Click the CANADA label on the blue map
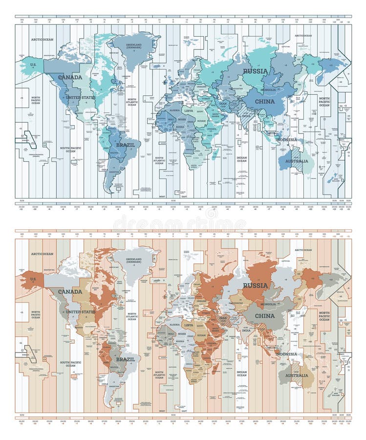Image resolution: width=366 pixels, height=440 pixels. pyautogui.click(x=70, y=77)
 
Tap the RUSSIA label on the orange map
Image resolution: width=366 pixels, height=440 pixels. pyautogui.click(x=256, y=285)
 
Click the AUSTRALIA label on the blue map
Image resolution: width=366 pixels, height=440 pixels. pyautogui.click(x=297, y=161)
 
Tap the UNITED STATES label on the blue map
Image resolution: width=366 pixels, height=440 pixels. pyautogui.click(x=81, y=97)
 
